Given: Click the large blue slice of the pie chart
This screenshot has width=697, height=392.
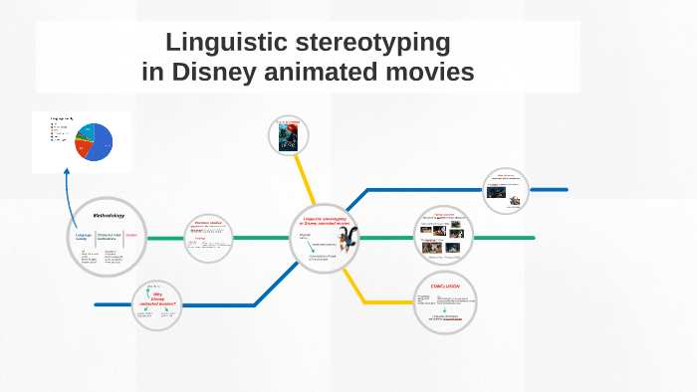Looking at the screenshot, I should pos(101,144).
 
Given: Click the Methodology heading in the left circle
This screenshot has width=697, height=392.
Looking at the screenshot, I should pos(109,215).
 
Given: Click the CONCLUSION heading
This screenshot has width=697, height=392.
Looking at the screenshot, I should pos(444,286).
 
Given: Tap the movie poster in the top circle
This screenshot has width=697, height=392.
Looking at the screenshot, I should pos(289,136).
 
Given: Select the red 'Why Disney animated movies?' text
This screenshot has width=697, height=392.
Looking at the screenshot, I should pos(156,298).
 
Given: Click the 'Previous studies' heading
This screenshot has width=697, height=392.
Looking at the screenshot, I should pos(208,223).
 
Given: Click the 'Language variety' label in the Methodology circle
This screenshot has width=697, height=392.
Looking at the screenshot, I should pos(83,236).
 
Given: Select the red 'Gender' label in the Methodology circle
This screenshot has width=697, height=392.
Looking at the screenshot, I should pos(130,235).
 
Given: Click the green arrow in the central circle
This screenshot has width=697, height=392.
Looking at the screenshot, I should pos(318,244).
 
